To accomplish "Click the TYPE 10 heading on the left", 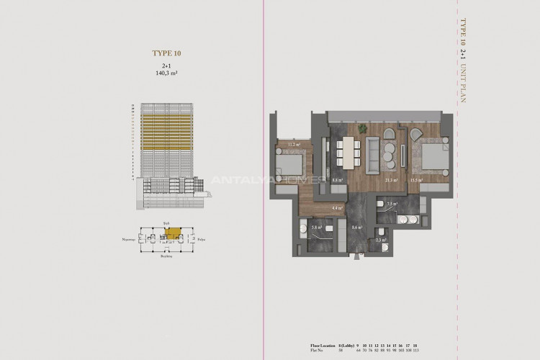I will (x=166, y=53).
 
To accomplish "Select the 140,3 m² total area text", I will (x=166, y=73).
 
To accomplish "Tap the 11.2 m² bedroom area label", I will (x=294, y=144).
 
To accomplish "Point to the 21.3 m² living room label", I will (x=392, y=181).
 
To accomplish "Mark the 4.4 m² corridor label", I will (x=336, y=208).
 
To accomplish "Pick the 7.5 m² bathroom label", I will (x=392, y=204).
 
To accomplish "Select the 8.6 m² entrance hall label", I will (x=355, y=228).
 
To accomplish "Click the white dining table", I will (x=348, y=153).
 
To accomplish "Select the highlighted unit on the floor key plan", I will (x=166, y=232).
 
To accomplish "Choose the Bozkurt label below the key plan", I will (x=167, y=256).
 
